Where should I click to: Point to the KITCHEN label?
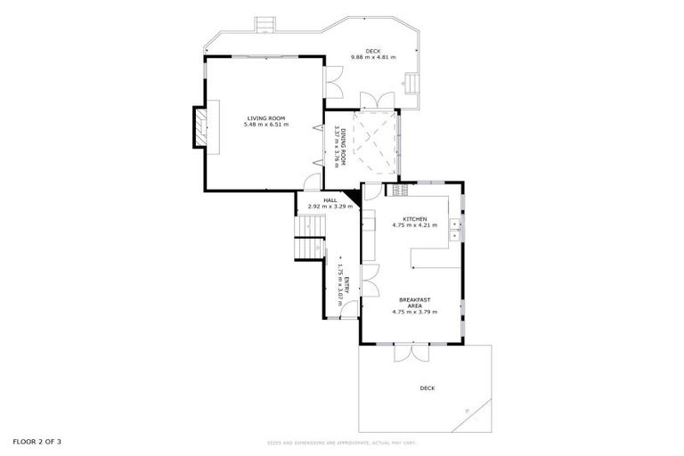click(415, 219)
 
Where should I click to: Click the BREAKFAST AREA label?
click(415, 302)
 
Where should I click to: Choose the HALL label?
click(330, 200)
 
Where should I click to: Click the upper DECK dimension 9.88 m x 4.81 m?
click(373, 58)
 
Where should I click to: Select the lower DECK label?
click(427, 388)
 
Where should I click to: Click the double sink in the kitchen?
click(454, 229)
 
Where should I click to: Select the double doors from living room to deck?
click(332, 84)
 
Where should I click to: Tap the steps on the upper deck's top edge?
click(265, 23)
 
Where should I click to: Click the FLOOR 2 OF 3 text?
click(37, 441)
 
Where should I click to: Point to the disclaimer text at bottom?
click(342, 443)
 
